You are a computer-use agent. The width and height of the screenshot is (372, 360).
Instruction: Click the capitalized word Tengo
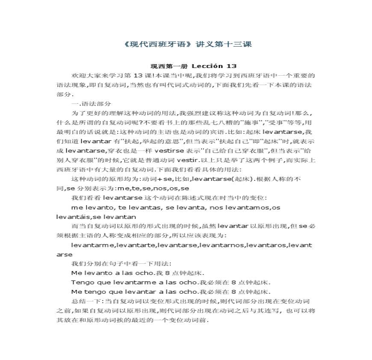click(79, 282)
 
